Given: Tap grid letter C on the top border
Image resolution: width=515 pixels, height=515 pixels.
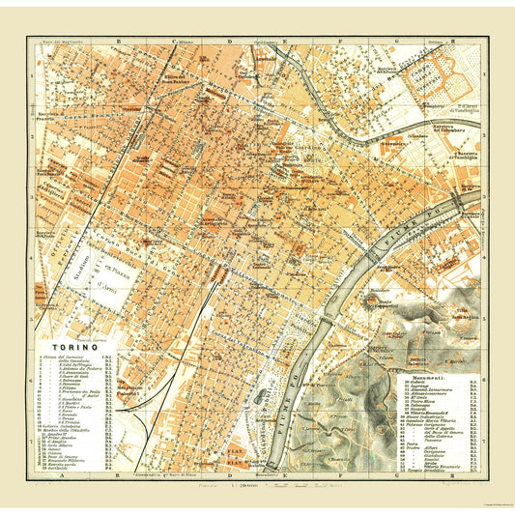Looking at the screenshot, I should [x=175, y=42].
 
